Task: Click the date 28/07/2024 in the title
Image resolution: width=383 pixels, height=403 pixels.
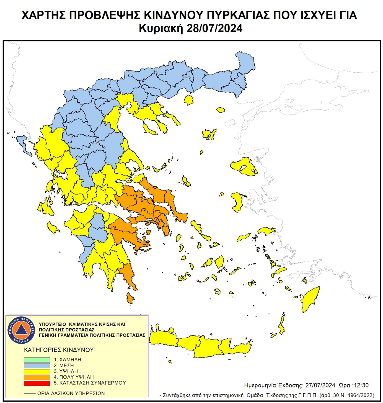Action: (214, 28)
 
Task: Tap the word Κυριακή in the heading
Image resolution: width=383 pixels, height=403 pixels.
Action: (161, 28)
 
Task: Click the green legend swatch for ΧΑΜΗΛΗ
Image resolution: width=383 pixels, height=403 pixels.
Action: (37, 360)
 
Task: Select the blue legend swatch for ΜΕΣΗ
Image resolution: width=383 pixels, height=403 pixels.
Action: (37, 366)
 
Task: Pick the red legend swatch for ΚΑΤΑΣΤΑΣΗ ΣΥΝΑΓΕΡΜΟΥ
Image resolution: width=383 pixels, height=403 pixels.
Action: (37, 383)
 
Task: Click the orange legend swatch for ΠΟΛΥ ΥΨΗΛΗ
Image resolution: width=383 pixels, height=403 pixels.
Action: (37, 377)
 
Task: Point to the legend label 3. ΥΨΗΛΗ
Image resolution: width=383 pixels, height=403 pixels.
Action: (66, 371)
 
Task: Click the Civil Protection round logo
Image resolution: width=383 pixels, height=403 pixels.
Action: (21, 330)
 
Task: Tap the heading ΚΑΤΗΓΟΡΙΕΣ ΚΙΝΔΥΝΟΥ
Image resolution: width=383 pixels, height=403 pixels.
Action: (59, 350)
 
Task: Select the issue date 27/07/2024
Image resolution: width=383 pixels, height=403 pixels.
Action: (320, 385)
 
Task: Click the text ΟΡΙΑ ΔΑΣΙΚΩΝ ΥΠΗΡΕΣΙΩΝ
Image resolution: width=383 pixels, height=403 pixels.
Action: (71, 393)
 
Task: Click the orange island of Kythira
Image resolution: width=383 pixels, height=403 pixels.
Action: (130, 298)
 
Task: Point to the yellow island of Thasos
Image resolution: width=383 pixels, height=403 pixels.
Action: (189, 100)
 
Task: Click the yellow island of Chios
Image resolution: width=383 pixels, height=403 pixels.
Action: (237, 201)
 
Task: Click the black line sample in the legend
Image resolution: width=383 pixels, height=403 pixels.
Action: (30, 393)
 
